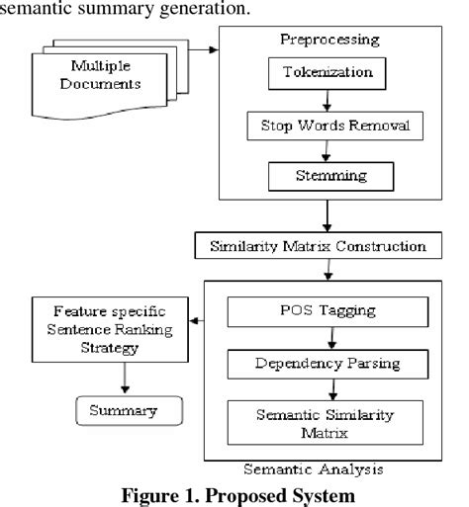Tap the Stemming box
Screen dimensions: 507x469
tap(326, 176)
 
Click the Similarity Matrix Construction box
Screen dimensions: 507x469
tap(326, 243)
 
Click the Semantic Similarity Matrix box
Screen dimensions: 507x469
tap(326, 418)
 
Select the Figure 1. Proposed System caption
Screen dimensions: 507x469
tap(234, 493)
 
